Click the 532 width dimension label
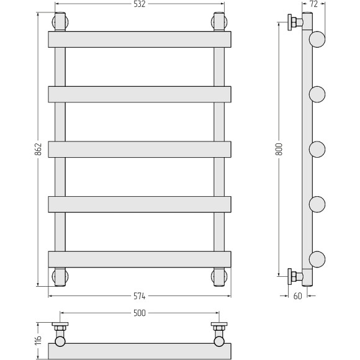pos(140,4)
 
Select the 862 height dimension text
pos(38,149)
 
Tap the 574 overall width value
pos(140,296)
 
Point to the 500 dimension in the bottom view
pos(140,313)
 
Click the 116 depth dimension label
pos(38,340)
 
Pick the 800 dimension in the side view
pos(279,149)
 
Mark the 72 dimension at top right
pos(313,4)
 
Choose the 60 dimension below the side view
pos(297,296)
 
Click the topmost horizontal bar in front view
pos(140,40)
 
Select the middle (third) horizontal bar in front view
pos(140,149)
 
